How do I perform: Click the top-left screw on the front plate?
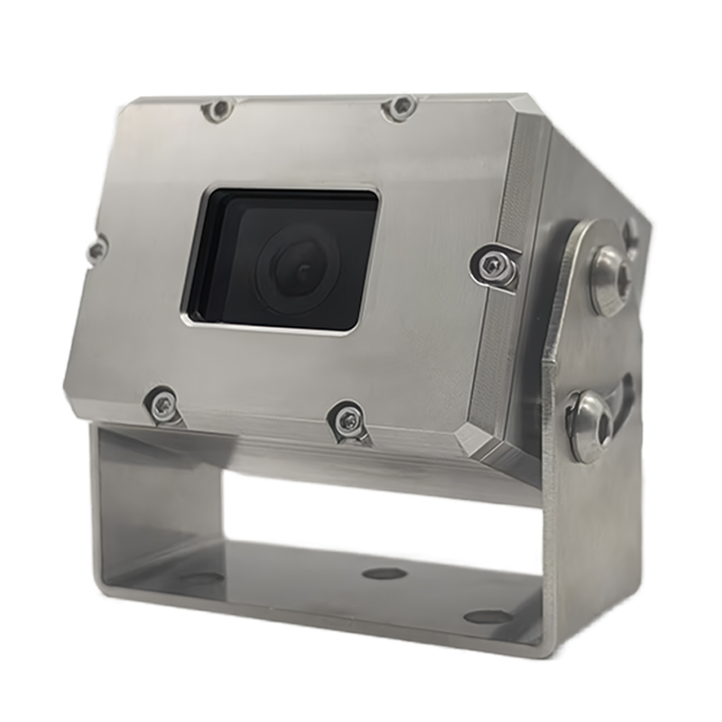[218, 109]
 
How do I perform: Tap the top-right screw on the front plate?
[400, 106]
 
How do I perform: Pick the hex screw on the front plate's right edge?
[492, 264]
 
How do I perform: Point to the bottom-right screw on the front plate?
[346, 417]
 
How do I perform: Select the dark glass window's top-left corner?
[209, 190]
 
